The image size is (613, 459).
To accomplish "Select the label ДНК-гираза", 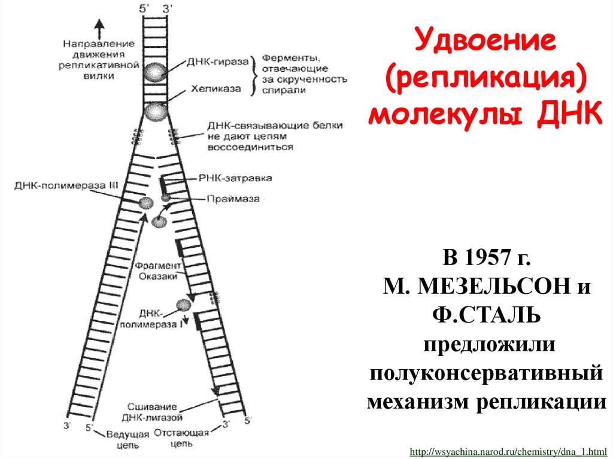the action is (217, 62).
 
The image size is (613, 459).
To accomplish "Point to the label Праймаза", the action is (234, 199).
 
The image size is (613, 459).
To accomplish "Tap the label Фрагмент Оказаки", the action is (157, 270).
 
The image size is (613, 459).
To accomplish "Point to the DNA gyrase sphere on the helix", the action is (155, 72).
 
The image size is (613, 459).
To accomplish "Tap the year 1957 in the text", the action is (490, 259).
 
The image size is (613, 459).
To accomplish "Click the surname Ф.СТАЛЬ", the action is (486, 315).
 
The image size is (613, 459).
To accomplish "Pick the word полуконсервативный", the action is (485, 372).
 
